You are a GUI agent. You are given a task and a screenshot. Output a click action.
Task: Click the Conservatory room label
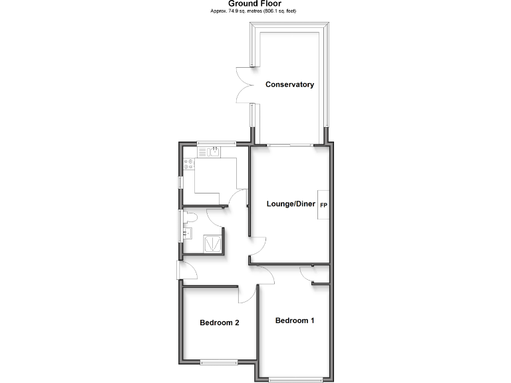click(289, 84)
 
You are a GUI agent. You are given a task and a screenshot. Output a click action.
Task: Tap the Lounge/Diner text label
click(290, 203)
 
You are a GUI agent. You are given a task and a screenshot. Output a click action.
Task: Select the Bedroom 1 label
click(295, 320)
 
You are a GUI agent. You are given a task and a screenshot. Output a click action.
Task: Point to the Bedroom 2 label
click(220, 322)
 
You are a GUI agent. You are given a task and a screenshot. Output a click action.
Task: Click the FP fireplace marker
click(323, 205)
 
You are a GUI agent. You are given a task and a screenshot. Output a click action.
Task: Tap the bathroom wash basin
click(187, 233)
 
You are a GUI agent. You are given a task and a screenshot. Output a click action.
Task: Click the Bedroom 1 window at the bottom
click(295, 380)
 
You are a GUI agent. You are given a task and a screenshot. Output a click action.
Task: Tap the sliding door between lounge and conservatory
click(290, 144)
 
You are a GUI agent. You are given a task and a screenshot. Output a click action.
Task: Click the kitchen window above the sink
click(216, 143)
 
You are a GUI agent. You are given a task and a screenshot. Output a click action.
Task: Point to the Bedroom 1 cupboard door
click(307, 275)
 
